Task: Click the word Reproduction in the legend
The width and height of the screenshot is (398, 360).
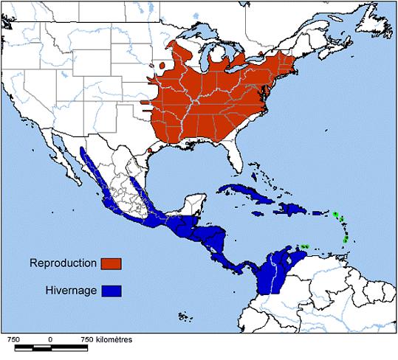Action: [64, 263]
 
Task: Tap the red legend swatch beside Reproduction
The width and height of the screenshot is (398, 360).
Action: [111, 263]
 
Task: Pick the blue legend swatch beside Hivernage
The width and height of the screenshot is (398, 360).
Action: [111, 291]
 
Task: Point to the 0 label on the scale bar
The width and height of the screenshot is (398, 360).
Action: [50, 338]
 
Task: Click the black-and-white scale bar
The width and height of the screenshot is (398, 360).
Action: [50, 347]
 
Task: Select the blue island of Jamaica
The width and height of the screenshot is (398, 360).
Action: [258, 212]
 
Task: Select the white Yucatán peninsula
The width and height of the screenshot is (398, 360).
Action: [194, 201]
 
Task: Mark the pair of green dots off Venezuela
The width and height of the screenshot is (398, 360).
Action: [303, 246]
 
